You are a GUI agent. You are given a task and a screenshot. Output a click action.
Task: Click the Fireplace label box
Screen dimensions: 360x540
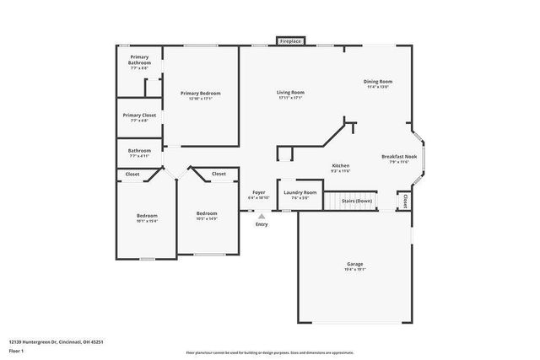point(291,40)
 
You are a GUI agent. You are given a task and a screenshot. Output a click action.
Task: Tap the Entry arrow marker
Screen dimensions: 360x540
point(262,217)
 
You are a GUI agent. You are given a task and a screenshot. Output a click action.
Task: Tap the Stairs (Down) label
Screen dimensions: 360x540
point(356,201)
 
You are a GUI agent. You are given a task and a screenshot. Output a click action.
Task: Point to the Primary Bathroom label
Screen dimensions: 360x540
point(139,62)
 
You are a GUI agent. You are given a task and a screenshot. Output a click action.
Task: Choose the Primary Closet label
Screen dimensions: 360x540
point(139,117)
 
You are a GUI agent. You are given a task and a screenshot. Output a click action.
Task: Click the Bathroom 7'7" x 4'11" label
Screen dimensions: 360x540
point(139,153)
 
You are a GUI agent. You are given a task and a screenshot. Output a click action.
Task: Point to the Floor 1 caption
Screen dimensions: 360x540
point(18,350)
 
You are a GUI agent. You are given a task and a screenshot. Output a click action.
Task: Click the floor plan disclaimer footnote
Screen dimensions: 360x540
point(269,350)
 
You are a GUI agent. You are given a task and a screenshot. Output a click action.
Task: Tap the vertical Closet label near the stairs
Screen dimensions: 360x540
point(405,201)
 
